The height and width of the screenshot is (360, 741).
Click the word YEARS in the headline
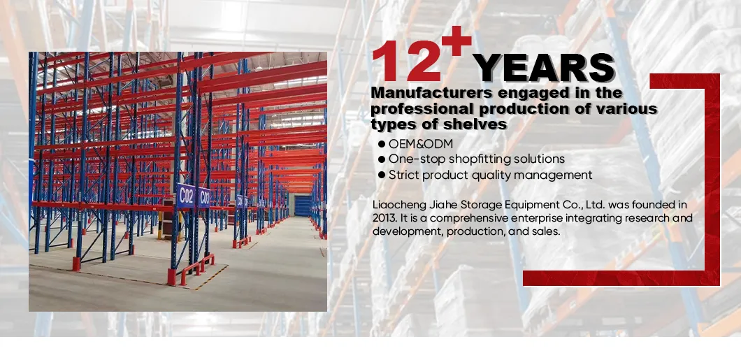544,69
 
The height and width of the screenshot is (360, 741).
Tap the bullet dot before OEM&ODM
382,144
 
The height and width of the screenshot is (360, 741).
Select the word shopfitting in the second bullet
480,159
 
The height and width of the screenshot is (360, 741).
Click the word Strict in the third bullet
404,175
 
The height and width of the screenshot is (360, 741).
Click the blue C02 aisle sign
186,195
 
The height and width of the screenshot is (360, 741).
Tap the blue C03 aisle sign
205,198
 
